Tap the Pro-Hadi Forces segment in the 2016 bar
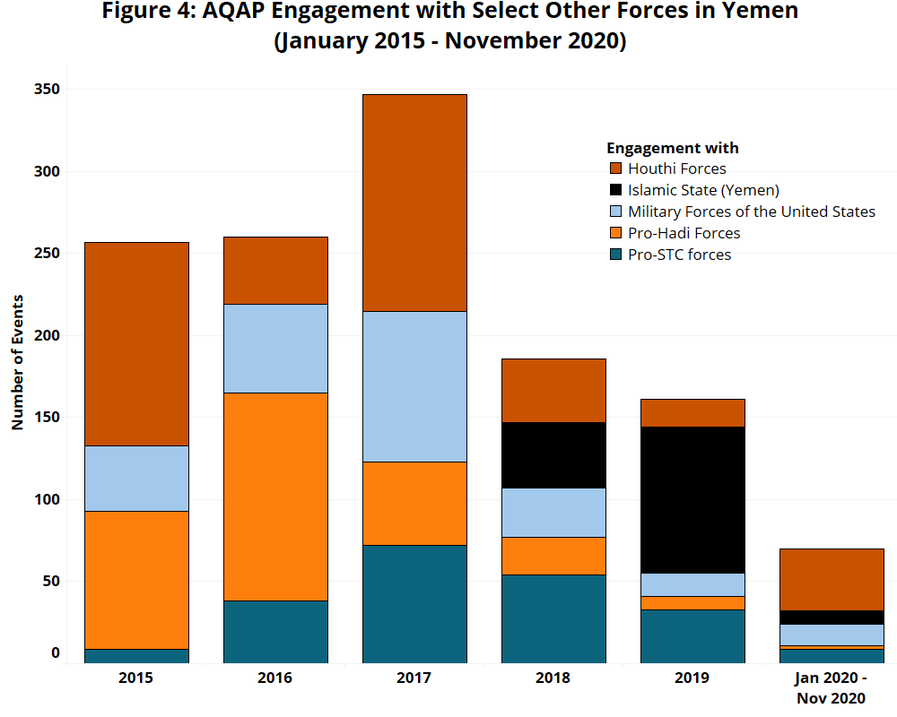275,497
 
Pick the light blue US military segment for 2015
136,478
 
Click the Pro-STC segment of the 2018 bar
553,618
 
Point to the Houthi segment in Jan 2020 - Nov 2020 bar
832,579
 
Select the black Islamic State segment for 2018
553,455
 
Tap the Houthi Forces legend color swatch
615,168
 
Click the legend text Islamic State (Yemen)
703,190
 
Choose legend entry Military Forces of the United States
751,212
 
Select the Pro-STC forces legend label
679,255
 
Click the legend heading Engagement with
672,148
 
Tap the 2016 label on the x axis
275,678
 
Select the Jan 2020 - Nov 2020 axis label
832,687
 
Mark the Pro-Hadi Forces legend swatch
615,233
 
